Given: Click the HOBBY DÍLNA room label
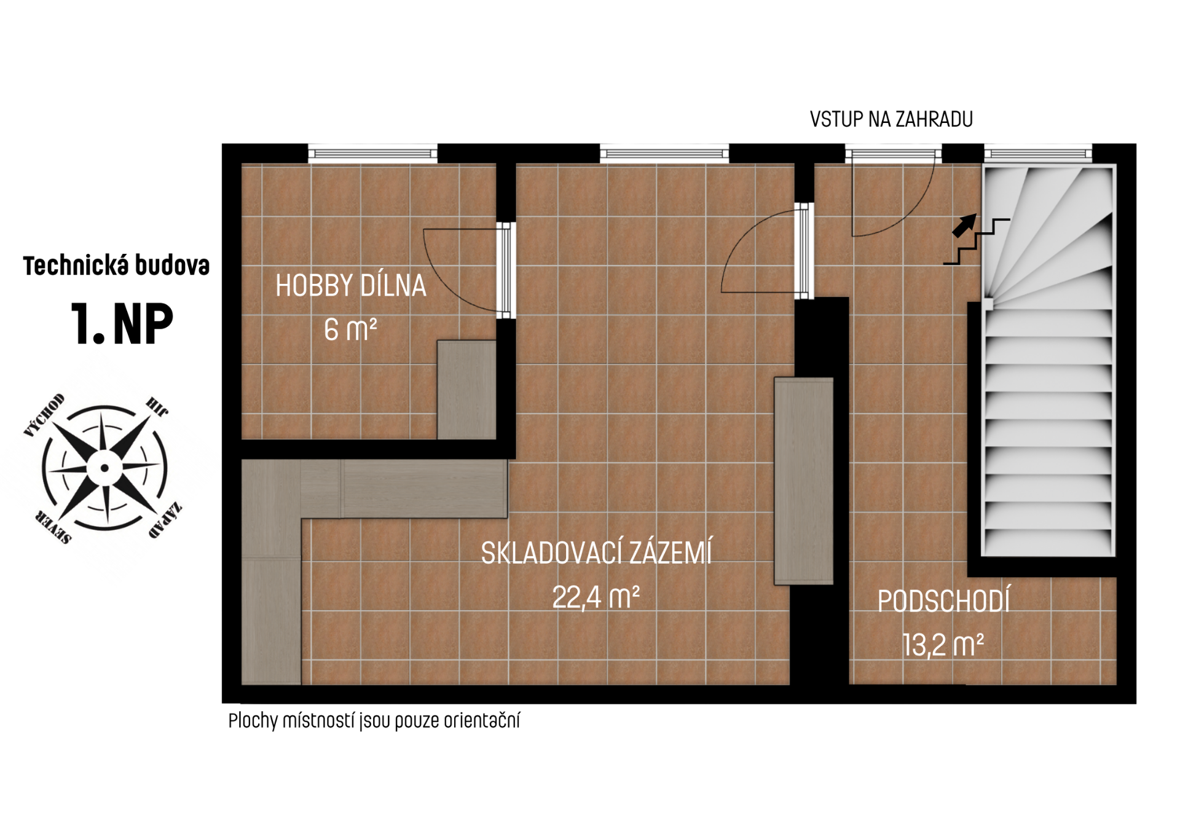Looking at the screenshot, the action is point(350,286).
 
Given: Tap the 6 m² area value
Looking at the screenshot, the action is point(350,329).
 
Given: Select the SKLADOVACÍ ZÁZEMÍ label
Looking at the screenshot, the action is point(596,553).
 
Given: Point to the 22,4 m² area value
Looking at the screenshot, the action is point(596,597).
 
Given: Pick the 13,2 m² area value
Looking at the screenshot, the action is point(943,645).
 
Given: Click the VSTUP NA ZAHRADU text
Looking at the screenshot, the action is point(891,119).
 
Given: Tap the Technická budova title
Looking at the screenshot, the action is point(117,266).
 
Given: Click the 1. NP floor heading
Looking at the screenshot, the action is point(122,324).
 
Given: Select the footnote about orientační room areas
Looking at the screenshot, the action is point(374,720).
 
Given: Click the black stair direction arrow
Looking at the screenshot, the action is point(964,226).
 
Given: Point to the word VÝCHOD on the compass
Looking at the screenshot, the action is point(44,415).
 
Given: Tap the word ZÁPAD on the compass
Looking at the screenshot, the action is point(165,520).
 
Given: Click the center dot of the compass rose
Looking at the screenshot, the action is point(104,468).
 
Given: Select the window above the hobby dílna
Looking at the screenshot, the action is point(372,154).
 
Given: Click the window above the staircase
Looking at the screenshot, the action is point(1038,154).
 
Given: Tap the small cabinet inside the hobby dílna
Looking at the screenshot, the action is point(466,390).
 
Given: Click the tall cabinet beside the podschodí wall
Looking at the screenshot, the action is point(804,481).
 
